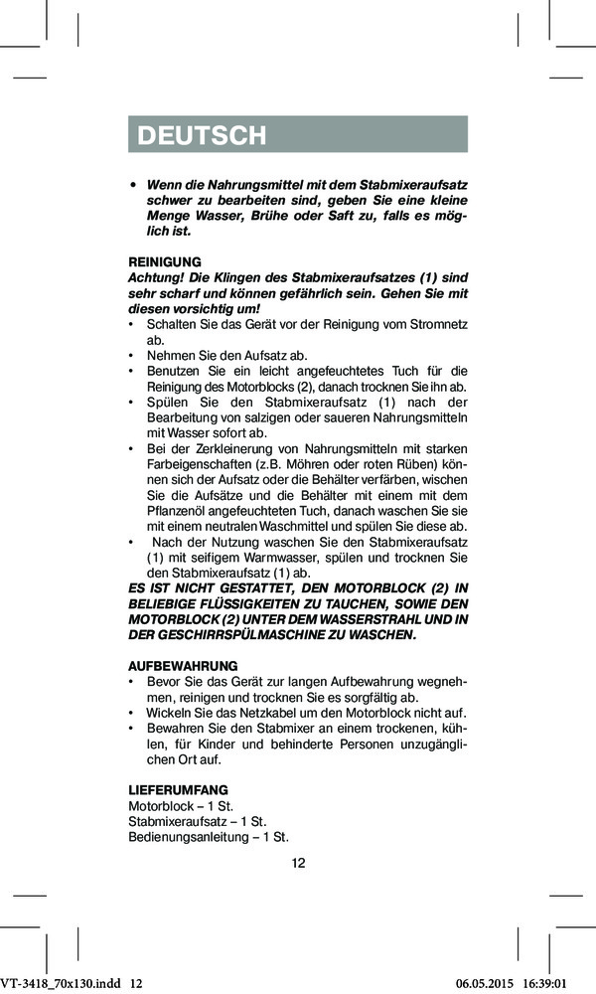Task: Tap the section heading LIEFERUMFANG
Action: (172, 789)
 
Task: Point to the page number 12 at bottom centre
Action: (298, 863)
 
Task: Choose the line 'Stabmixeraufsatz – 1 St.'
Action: (198, 821)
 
